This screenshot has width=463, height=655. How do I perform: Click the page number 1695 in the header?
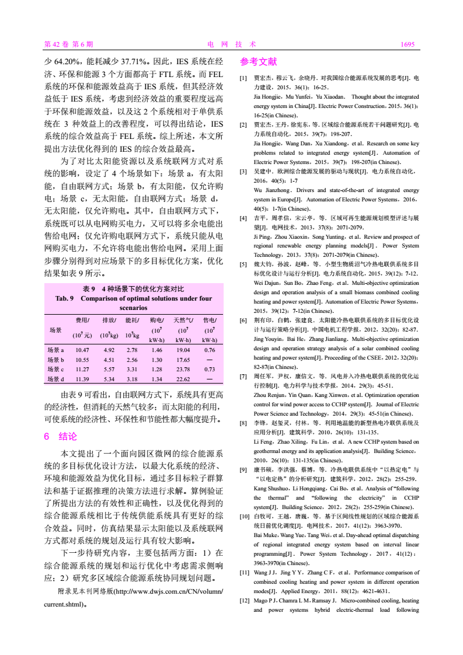click(x=407, y=44)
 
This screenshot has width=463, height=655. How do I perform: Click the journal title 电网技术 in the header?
click(x=231, y=44)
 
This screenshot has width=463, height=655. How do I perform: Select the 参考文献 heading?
click(x=258, y=61)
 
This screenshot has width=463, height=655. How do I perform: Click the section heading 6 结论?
click(x=60, y=436)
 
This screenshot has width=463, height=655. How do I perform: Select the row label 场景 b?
click(x=56, y=360)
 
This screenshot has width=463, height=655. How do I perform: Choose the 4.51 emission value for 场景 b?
click(x=108, y=360)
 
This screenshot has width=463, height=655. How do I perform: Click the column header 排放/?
click(x=109, y=320)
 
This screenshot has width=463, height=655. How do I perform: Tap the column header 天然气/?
click(x=183, y=320)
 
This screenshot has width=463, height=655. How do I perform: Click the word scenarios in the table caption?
click(x=134, y=307)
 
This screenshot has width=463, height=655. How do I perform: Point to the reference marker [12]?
click(x=245, y=600)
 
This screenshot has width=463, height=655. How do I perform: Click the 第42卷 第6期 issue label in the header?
click(x=68, y=44)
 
